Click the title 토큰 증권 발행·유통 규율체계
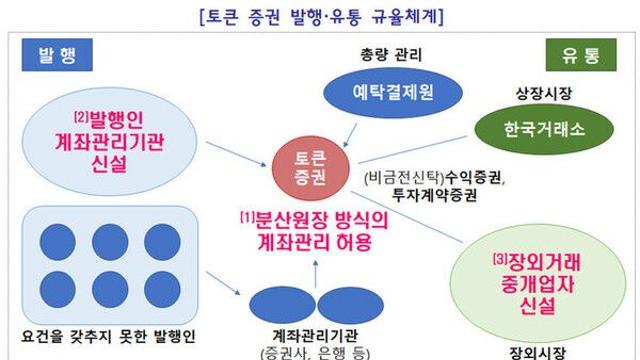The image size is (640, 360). click(321, 17)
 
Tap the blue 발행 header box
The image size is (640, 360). click(50, 54)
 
